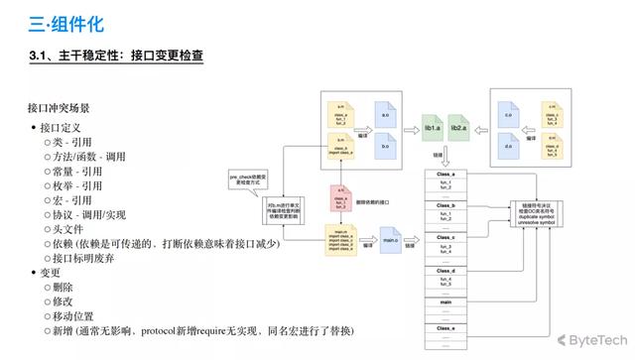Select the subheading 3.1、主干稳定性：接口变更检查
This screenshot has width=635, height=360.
click(117, 57)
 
